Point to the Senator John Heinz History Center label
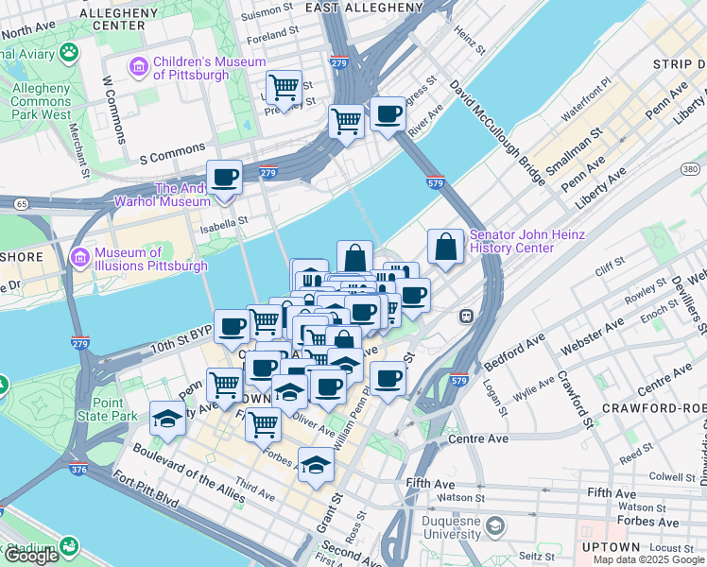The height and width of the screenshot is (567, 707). point(527,241)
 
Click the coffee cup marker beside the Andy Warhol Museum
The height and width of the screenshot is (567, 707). point(225,177)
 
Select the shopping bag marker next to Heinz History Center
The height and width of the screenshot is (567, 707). point(444,247)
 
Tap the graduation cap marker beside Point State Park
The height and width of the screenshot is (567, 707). point(167,418)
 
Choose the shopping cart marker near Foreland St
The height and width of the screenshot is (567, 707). point(284,88)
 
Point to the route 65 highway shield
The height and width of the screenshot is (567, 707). point(21,202)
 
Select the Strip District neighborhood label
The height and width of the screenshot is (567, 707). point(678,63)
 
